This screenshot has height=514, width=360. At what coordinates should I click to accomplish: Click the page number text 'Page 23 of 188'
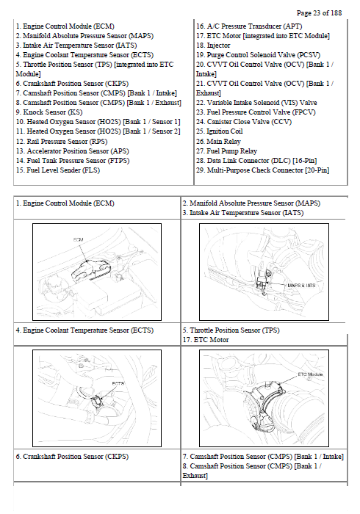(x=319, y=12)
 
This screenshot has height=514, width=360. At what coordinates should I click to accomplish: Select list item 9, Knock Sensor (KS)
(x=49, y=112)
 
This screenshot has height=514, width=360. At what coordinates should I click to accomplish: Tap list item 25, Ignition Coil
(x=220, y=131)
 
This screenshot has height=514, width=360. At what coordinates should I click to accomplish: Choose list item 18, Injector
(x=213, y=46)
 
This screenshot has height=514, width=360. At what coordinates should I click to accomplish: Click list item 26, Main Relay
(x=218, y=141)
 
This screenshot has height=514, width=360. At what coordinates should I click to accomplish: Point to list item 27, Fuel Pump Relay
(x=226, y=151)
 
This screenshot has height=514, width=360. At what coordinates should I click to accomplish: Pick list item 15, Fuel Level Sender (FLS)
(x=58, y=170)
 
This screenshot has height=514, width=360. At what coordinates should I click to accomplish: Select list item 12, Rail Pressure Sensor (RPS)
(x=62, y=141)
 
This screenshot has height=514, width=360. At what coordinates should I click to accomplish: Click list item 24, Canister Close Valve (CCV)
(x=244, y=122)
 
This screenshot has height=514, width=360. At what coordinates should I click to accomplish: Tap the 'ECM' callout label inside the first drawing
(x=78, y=239)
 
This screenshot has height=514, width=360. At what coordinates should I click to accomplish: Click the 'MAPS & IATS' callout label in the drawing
(x=301, y=286)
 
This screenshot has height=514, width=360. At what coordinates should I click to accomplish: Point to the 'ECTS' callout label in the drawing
(x=118, y=383)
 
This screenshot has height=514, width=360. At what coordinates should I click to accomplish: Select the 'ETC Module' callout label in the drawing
(x=310, y=374)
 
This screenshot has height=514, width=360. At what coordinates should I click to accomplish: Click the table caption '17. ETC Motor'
(x=206, y=339)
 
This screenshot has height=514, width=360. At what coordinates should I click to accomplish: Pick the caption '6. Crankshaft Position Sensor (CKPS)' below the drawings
(x=72, y=456)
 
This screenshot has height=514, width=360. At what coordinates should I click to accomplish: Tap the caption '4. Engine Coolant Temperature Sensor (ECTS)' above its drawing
(x=84, y=330)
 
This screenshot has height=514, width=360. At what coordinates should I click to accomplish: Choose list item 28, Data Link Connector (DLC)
(x=256, y=161)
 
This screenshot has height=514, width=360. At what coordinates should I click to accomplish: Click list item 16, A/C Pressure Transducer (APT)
(x=249, y=26)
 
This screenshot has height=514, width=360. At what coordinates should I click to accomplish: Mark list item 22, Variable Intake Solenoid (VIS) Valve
(x=256, y=103)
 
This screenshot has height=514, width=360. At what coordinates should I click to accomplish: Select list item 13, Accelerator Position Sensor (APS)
(x=73, y=151)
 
